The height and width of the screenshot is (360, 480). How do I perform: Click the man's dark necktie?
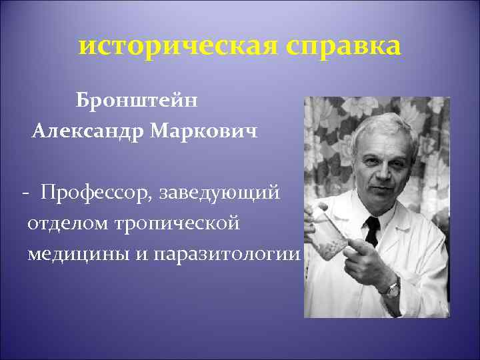pyautogui.click(x=372, y=230)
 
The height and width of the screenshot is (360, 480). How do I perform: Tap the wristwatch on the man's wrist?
pyautogui.click(x=393, y=287)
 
